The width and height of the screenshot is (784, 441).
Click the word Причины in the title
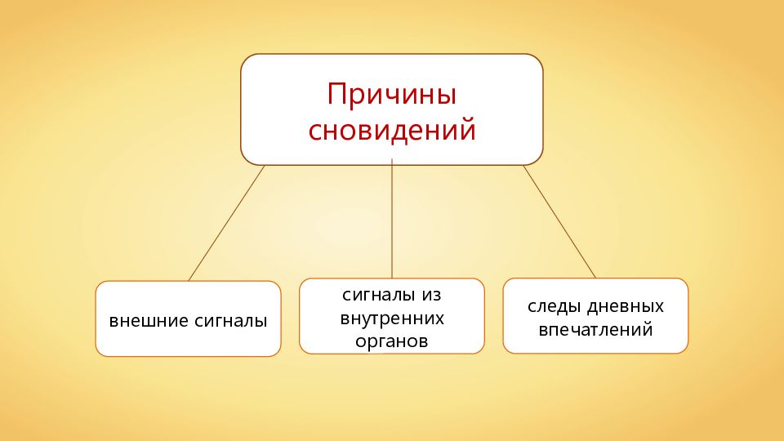pos(391,94)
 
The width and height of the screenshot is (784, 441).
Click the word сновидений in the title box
pos(391,130)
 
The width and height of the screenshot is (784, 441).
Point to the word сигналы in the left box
pos(231,320)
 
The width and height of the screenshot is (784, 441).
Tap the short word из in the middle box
pos(433,293)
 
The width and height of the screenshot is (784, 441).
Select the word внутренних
pos(392,317)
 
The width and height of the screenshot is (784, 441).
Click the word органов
pos(392,341)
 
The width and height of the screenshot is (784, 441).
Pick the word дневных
pos(630,307)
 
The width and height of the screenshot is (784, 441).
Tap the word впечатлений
pos(595,331)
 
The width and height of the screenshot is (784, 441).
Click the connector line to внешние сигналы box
pos(226,223)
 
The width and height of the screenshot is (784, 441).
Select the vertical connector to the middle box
pos(392,220)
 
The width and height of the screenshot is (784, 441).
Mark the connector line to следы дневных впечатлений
pos(559,221)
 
